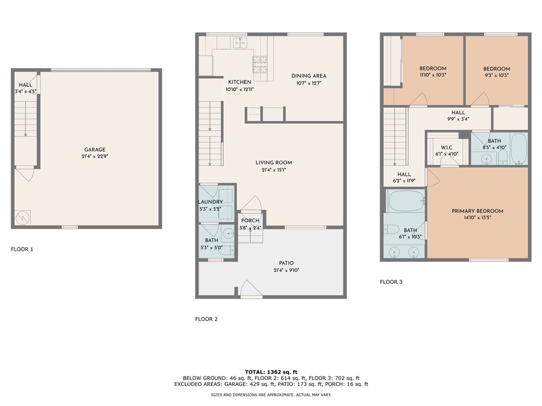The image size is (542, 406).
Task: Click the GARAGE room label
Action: coord(95,150)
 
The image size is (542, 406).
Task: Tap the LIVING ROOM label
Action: coord(274,163)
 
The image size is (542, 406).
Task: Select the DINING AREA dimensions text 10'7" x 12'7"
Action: coord(309,83)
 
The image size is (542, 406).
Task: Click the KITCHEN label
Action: coord(240,82)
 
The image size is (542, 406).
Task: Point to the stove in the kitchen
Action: coord(260,64)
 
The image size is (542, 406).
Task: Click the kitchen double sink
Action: coord(240,43)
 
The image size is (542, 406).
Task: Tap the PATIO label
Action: coord(286,263)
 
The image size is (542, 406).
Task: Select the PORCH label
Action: coord(250,220)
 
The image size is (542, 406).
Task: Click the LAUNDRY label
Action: coord(210,202)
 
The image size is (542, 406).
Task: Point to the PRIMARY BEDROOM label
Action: coord(477,211)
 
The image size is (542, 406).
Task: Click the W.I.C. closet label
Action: coord(447,148)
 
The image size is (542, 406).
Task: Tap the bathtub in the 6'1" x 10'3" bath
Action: coord(405,200)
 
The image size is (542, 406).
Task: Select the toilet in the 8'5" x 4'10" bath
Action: coord(503,157)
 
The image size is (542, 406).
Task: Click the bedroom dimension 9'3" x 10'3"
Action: coord(496,75)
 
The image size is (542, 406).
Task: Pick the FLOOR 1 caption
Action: coord(22,250)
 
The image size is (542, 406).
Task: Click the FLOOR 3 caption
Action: coord(391,282)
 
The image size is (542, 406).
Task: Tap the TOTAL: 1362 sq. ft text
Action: coord(271,372)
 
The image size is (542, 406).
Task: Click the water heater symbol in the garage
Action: coord(22,217)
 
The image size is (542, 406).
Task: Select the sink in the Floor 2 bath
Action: coord(228,234)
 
